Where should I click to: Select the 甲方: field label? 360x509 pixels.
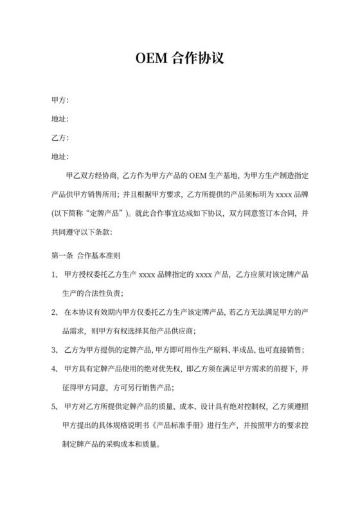[59, 100]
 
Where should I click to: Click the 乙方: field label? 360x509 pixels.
[59, 138]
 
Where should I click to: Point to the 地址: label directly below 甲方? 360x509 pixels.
[59, 119]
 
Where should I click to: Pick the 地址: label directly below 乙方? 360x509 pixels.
[59, 156]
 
